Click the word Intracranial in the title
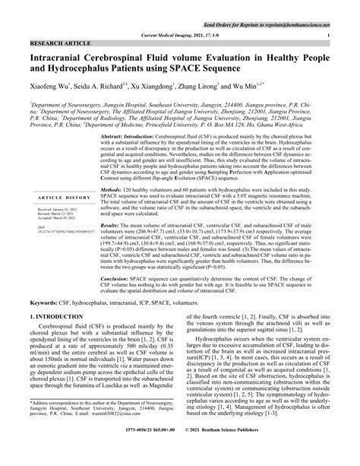click(63, 60)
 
